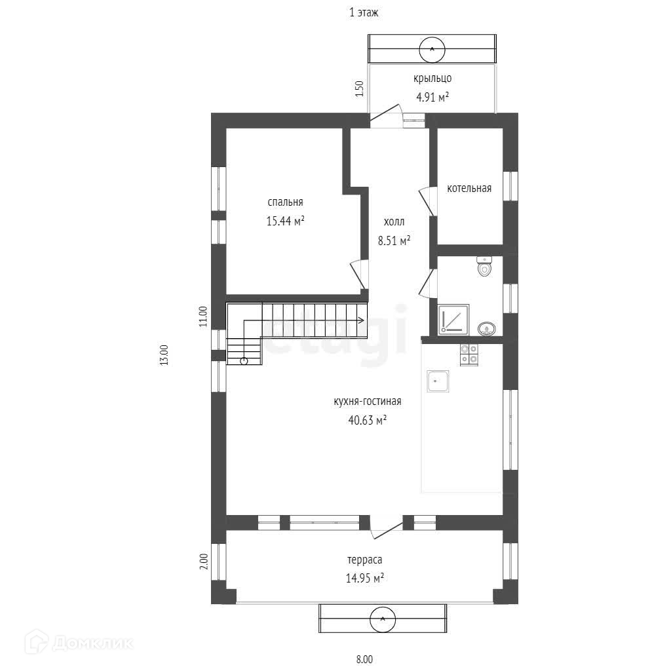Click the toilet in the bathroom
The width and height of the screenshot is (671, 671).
(x=484, y=266)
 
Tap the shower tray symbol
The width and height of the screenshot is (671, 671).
(x=453, y=320)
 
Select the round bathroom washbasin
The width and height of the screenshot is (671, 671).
(x=487, y=328)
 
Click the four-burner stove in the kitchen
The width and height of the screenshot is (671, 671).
(x=469, y=355)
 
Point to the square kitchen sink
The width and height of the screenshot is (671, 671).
(x=438, y=381)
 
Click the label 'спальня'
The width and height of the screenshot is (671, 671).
(x=285, y=202)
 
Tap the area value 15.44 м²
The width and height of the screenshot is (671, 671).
(x=286, y=221)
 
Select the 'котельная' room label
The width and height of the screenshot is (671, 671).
(x=469, y=188)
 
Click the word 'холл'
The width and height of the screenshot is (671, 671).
(x=394, y=221)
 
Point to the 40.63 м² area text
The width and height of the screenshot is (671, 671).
(x=368, y=420)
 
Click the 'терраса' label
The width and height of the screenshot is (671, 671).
(x=364, y=560)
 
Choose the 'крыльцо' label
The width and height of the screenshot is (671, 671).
(x=432, y=79)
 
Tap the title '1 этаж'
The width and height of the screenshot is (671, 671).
(x=364, y=12)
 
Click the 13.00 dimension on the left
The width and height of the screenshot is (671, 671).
(x=164, y=355)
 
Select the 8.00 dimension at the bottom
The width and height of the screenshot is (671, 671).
(x=364, y=659)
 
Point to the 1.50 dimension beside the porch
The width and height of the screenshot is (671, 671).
(x=360, y=88)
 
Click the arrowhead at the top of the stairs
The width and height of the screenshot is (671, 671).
(x=362, y=320)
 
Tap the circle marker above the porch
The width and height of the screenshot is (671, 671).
(x=432, y=50)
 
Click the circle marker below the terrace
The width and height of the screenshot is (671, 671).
(x=383, y=619)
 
